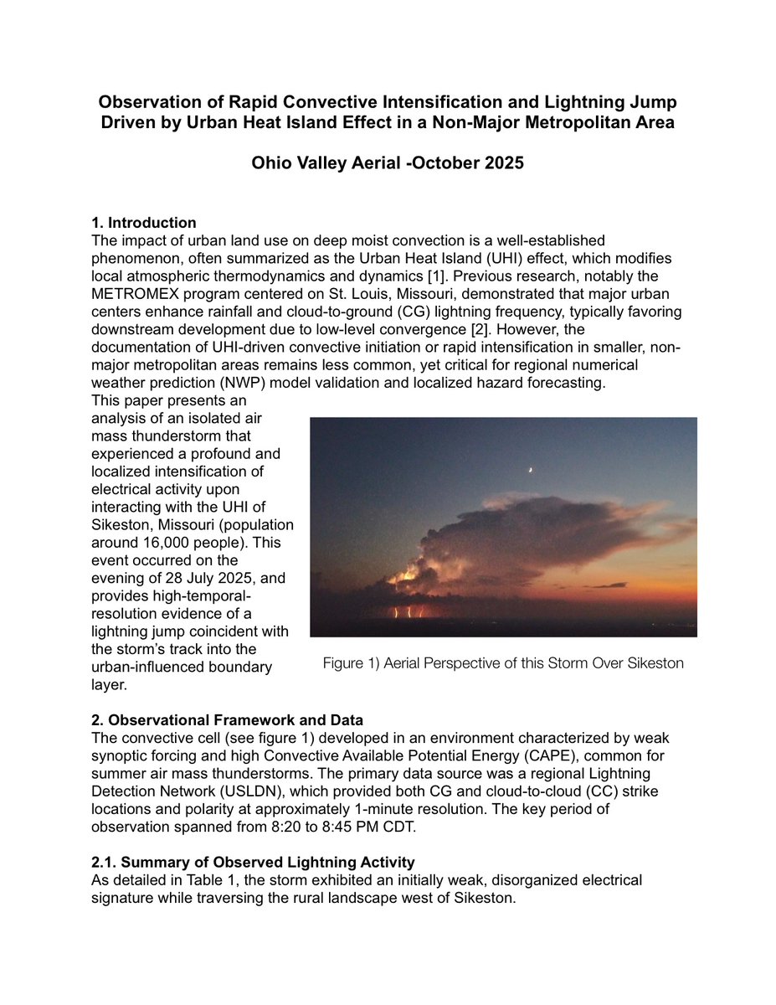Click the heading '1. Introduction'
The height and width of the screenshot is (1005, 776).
144,223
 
